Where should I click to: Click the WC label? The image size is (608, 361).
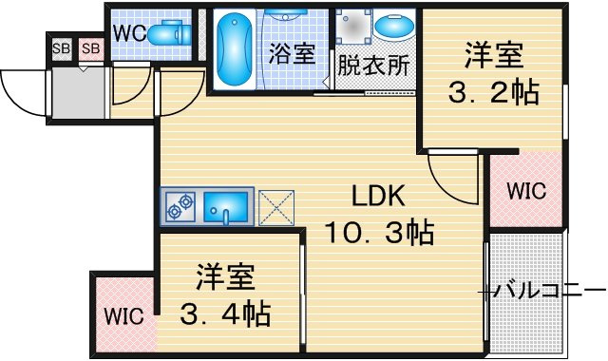129,33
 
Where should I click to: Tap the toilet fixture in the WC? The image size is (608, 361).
169,33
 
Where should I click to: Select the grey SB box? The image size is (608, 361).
62,48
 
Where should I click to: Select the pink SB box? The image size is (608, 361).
91,48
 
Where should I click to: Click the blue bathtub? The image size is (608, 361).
234,48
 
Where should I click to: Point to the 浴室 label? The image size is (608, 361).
292,53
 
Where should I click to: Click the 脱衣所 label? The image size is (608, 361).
373,66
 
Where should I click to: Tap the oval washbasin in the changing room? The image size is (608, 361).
393,26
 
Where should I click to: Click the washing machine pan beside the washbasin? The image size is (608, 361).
352,26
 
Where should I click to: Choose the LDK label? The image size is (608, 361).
378,196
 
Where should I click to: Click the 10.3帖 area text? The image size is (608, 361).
379,232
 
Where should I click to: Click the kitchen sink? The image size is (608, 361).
226,208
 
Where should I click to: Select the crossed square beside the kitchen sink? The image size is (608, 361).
276,207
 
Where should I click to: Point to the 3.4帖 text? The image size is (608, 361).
225,314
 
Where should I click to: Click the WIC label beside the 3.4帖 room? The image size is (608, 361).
123,316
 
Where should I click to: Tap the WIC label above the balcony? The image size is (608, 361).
526,191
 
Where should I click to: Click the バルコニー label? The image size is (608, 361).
550,290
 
